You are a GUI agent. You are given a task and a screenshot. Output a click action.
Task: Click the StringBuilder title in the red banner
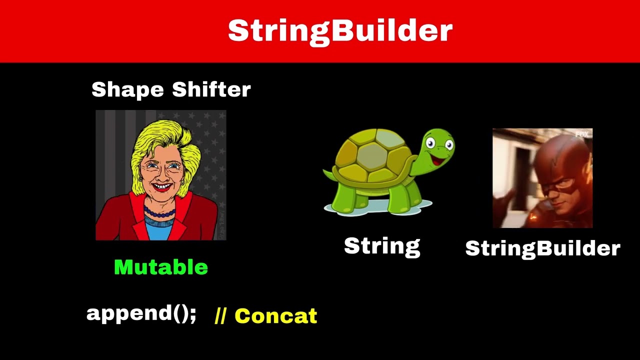340,31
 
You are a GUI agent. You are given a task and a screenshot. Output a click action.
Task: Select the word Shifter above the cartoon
211,89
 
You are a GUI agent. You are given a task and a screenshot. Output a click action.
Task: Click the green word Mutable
161,267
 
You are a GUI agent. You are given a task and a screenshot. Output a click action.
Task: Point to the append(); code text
141,313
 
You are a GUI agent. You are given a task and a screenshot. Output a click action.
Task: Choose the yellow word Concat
275,316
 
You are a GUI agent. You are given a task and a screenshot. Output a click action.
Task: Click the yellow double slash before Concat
220,316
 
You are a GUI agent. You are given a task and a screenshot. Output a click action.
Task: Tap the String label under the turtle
382,246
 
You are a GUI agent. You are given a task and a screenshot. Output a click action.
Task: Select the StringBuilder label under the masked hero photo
542,248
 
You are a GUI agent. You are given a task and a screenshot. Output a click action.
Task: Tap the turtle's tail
328,174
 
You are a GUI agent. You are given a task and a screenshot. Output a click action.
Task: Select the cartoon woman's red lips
161,187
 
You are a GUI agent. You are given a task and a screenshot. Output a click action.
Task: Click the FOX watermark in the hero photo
581,134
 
